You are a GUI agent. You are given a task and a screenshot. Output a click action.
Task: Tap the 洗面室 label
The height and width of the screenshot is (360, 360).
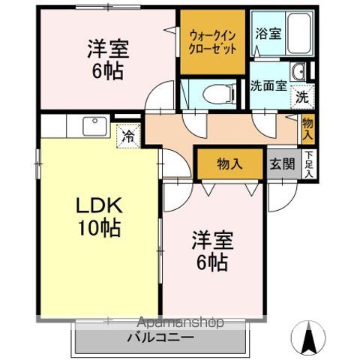(x=268, y=85)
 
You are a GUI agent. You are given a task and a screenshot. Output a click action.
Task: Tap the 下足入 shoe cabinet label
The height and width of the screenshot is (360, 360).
(x=307, y=165)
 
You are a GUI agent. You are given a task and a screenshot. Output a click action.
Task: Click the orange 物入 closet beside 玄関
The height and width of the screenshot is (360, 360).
(x=229, y=163)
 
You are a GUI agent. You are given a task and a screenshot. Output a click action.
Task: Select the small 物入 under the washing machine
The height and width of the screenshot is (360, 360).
(x=307, y=127)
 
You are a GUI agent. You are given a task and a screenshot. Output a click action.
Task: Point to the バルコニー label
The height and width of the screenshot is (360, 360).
(x=160, y=338)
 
